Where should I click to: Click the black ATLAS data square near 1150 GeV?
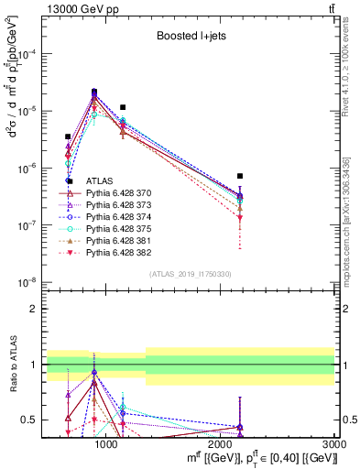[x=123, y=107]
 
